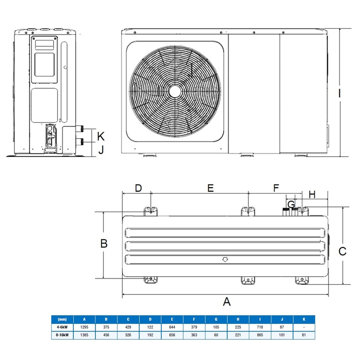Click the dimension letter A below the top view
pos(227,302)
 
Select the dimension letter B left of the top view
pos(104,243)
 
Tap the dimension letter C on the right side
pos(342,252)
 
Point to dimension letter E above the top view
pos(210,189)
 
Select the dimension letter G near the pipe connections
pos(292,204)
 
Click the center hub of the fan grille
pos(176,90)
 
